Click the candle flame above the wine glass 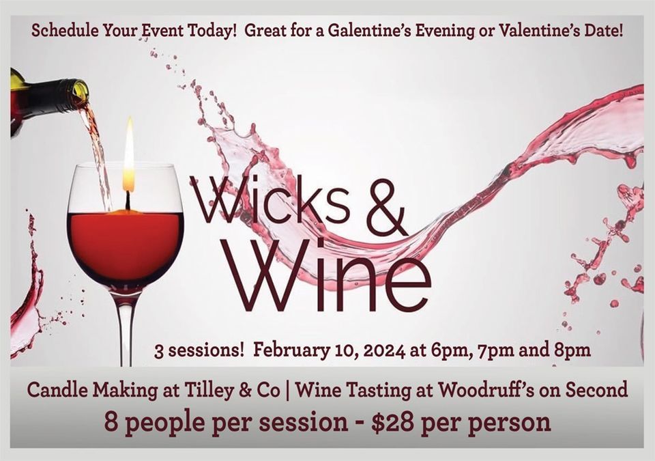pos(129,156)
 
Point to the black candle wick pos(128,201)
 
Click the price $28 pos(394,422)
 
